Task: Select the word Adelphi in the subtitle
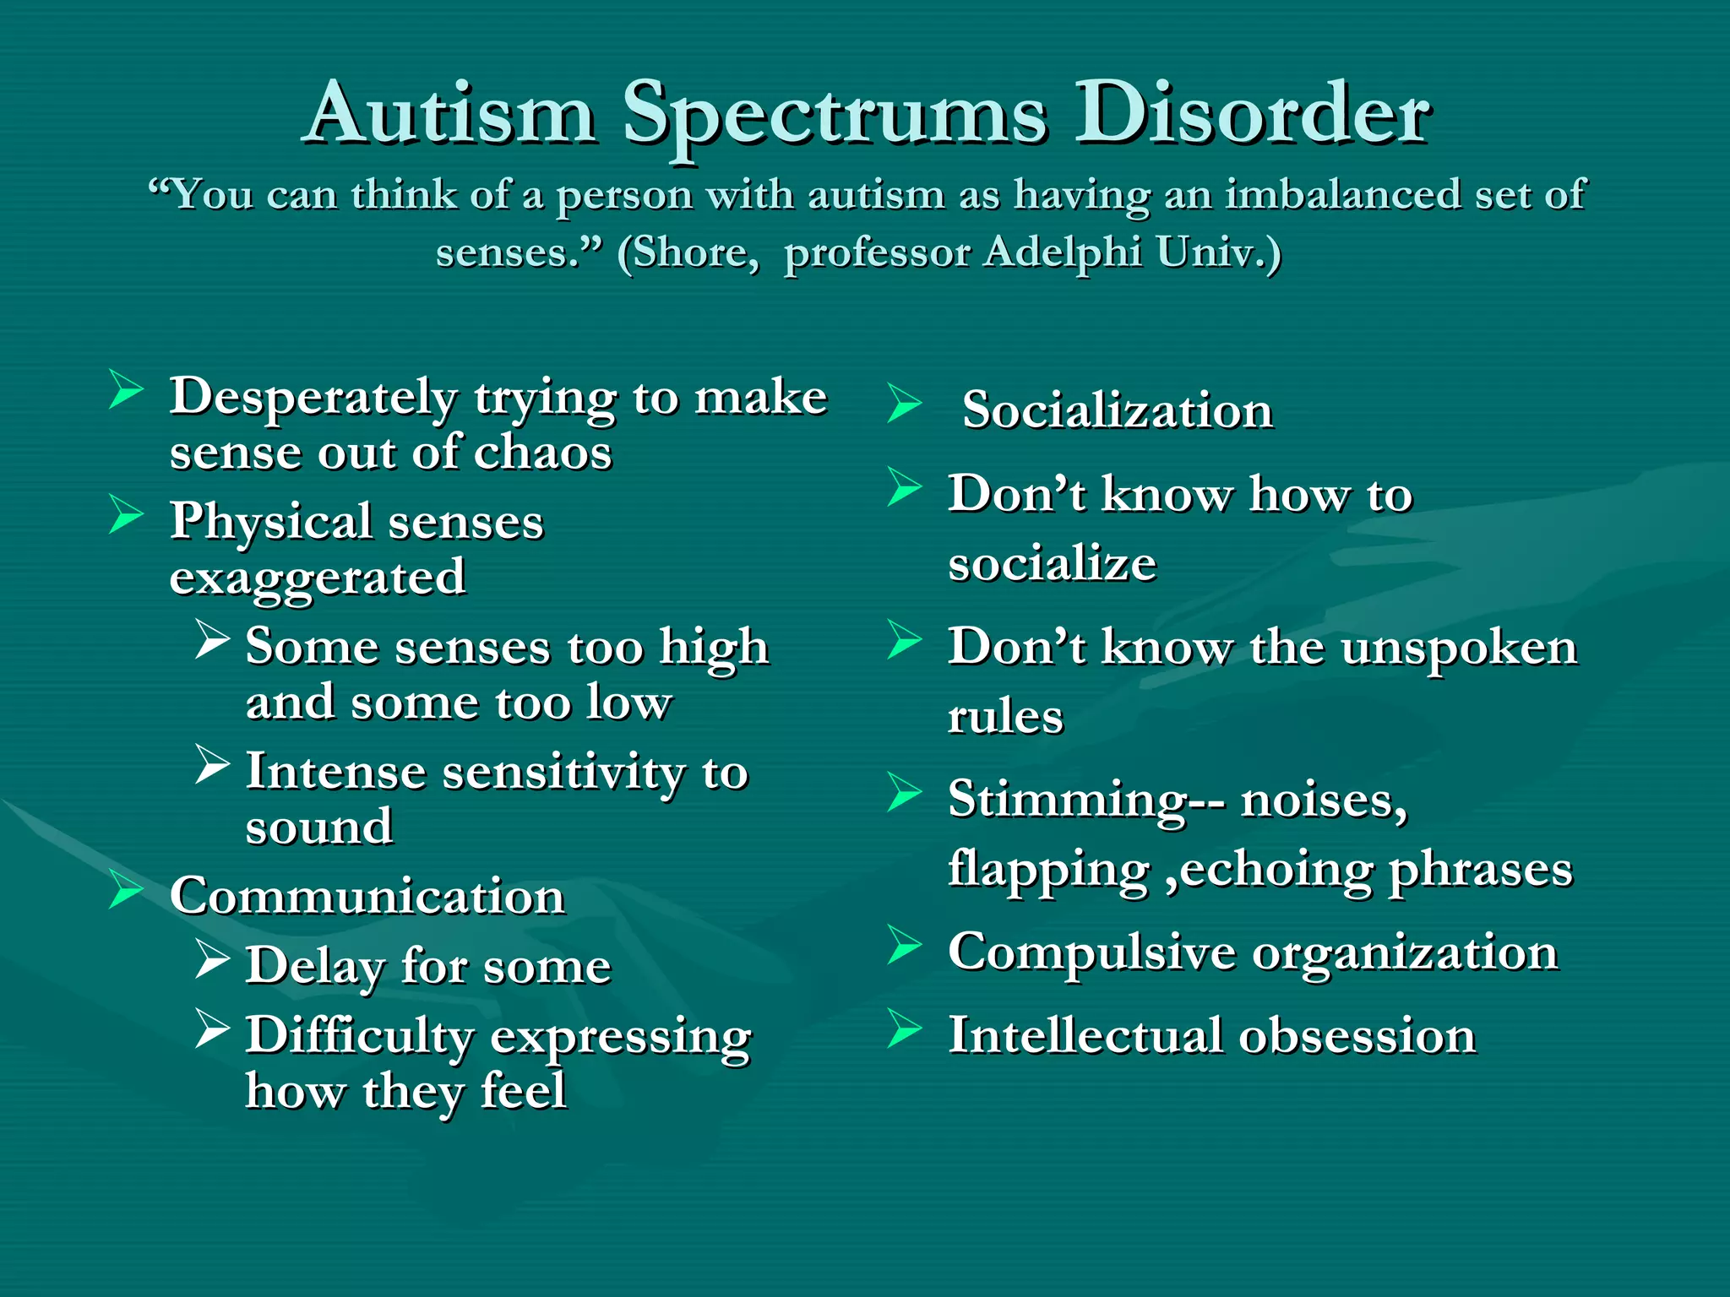[x=1063, y=252]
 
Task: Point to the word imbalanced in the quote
[x=1343, y=194]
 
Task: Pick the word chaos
[x=542, y=453]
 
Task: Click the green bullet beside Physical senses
[x=126, y=514]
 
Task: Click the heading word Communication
[x=367, y=897]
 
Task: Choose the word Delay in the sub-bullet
[x=315, y=966]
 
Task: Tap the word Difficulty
[x=360, y=1037]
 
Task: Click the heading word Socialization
[x=1117, y=411]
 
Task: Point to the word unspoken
[x=1459, y=648]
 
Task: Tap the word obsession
[x=1357, y=1036]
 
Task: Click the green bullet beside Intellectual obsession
[x=904, y=1029]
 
